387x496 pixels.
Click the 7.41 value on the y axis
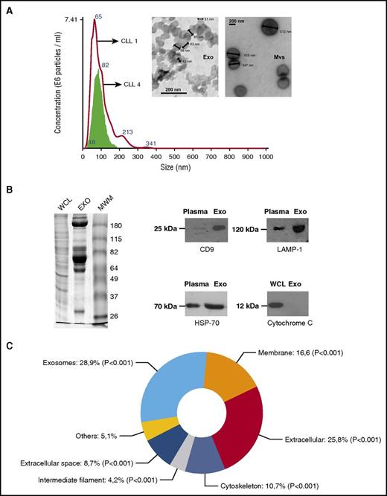(65, 17)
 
